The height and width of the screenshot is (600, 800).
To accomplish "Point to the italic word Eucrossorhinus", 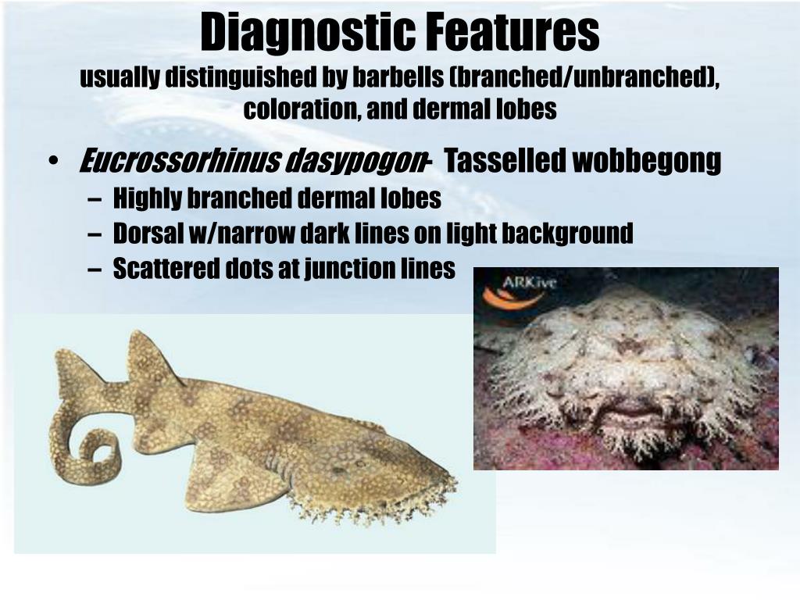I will [179, 162].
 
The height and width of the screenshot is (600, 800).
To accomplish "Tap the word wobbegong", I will [648, 162].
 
